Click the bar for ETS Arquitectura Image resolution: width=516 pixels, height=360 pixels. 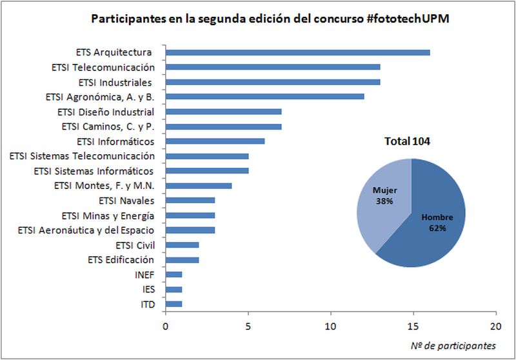(x=297, y=52)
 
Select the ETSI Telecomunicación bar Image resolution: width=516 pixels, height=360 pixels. (x=272, y=67)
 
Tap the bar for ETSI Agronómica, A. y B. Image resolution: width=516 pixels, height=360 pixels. (x=264, y=97)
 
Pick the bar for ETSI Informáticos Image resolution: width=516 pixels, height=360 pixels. (x=215, y=141)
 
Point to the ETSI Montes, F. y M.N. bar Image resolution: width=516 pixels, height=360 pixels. (x=199, y=186)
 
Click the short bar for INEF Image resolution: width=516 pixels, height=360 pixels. (x=174, y=275)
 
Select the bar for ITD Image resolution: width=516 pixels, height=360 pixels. (x=174, y=305)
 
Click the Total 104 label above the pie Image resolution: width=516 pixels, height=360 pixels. (x=408, y=141)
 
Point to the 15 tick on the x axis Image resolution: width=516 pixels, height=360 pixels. (x=413, y=326)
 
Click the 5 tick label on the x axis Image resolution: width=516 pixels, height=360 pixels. (x=248, y=326)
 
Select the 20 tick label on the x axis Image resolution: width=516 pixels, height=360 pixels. (x=495, y=326)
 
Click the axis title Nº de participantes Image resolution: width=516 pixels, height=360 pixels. (x=453, y=346)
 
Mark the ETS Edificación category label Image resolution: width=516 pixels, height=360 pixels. (x=121, y=260)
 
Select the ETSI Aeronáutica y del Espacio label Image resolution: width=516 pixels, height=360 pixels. (x=86, y=230)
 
